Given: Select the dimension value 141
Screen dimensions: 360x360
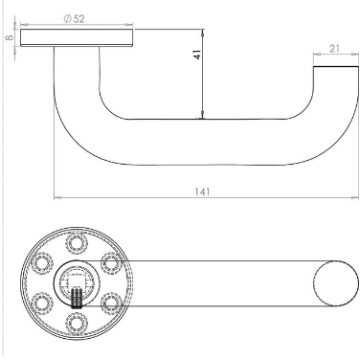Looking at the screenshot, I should coord(202,191).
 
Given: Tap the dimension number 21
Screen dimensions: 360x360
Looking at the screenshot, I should coord(334,49).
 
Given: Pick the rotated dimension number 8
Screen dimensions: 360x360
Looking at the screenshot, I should coord(9,37).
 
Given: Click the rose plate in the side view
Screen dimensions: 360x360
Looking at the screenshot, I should coord(77,37).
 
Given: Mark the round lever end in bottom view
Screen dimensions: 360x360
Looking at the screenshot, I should coord(332,281).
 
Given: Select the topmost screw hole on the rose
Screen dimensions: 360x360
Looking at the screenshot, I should coord(77,244).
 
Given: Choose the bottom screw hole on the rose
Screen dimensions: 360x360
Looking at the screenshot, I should coord(77,318).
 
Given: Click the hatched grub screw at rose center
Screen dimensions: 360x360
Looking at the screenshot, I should coord(77,298).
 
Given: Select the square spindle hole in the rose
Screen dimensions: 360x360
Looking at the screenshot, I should coord(77,280).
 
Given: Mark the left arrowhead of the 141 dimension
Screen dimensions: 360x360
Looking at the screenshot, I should coord(56,198).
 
